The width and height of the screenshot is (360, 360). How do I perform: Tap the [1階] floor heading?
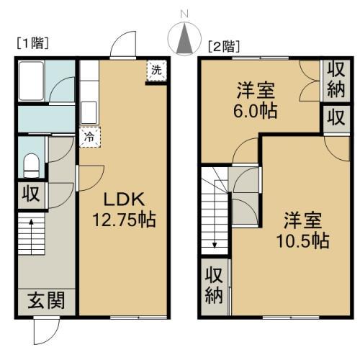point(33,43)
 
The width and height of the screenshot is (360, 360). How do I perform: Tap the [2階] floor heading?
point(224,46)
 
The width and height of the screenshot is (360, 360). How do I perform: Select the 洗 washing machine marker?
point(156,71)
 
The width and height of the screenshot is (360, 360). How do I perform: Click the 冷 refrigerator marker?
point(90,137)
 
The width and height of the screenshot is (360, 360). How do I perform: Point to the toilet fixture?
point(32,166)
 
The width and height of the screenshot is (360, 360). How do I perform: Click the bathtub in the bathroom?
point(31,81)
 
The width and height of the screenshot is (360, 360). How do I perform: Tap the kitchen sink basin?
point(89,112)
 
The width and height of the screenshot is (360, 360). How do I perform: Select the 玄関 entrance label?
point(46,300)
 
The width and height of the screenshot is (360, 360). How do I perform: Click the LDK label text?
point(124,199)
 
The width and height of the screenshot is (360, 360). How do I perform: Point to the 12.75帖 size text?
point(124,220)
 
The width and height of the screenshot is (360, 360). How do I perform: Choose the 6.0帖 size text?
point(256,111)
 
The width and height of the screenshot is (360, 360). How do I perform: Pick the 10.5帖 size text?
point(302,240)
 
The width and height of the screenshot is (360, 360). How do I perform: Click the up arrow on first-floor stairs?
point(31,236)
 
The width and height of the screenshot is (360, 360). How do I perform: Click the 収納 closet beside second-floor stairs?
point(214,286)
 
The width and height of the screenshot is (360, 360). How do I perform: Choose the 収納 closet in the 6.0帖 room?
point(336,81)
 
